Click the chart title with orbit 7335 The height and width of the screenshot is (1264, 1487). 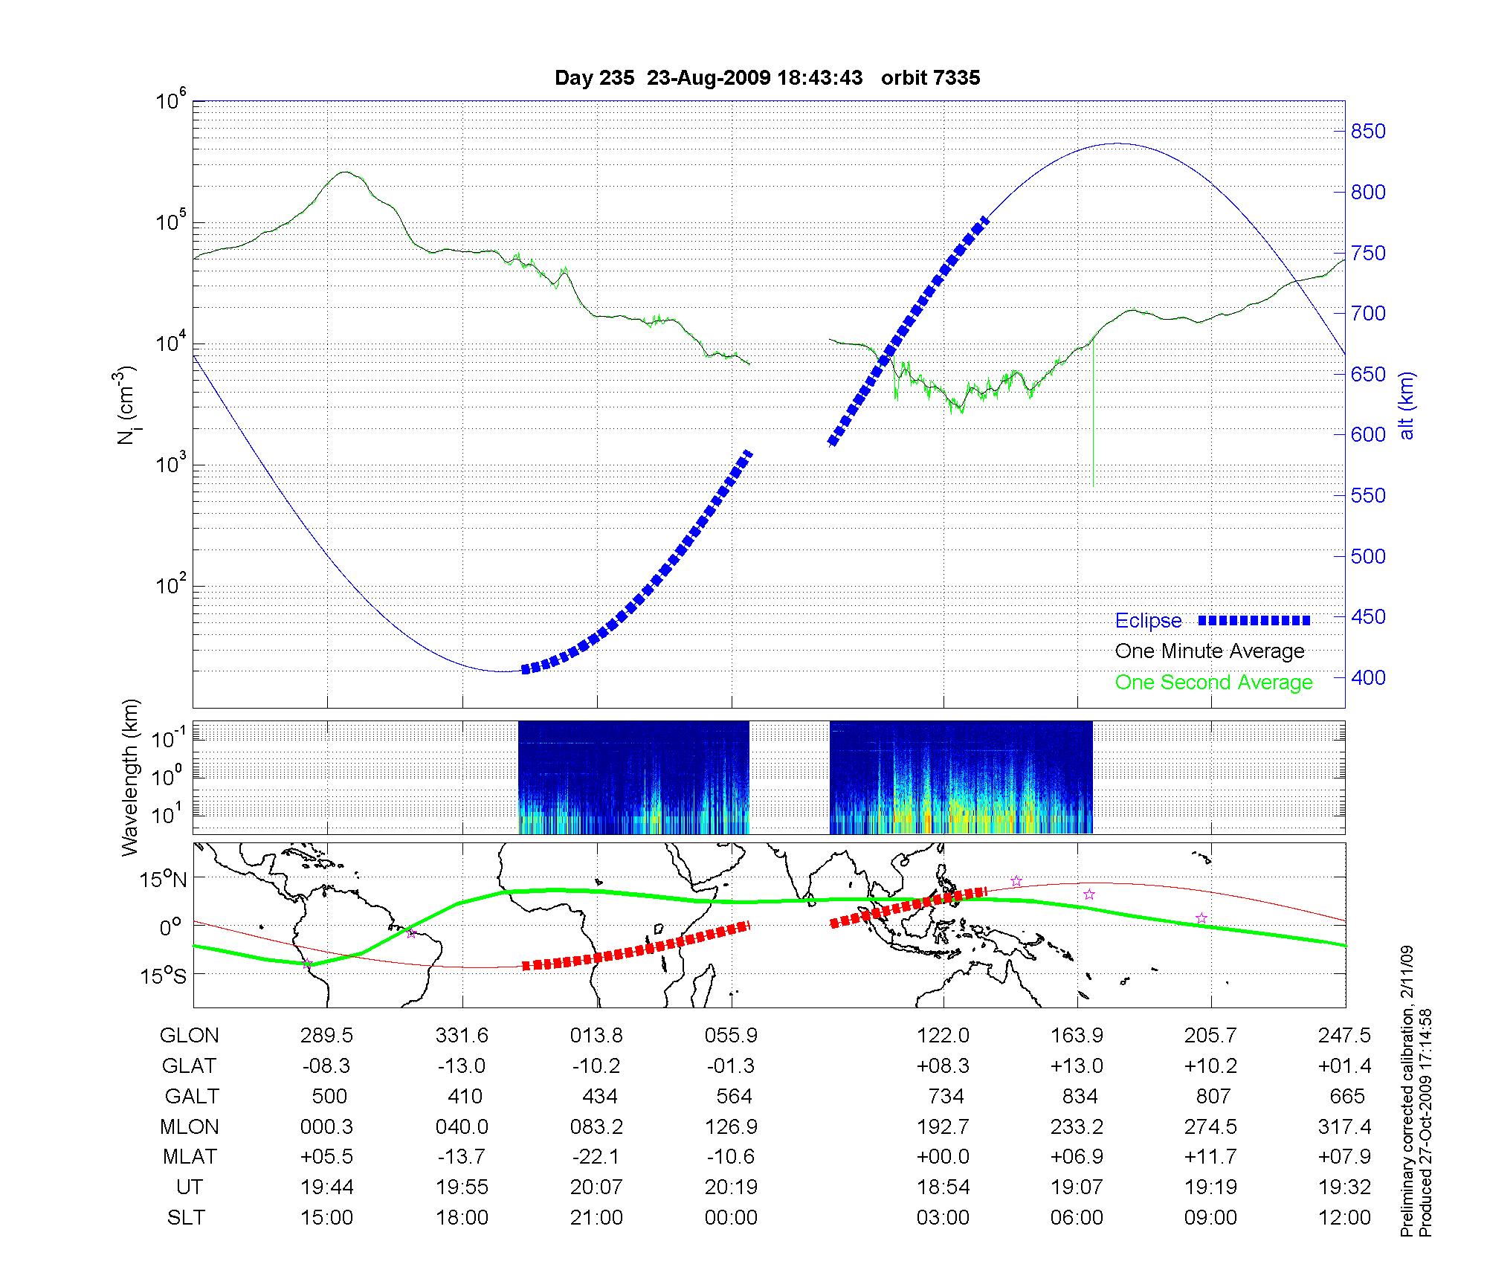click(767, 78)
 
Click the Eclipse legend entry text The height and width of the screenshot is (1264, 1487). click(1148, 621)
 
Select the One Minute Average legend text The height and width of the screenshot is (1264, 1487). click(1210, 651)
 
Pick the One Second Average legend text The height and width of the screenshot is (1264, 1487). click(1213, 683)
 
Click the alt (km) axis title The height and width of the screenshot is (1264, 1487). click(1407, 405)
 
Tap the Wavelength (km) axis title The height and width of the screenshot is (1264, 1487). click(130, 778)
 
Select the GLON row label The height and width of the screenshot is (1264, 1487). click(190, 1036)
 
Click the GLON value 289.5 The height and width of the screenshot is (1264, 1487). click(326, 1036)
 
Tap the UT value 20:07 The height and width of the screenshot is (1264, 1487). click(596, 1187)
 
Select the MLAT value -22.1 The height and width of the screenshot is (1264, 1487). click(596, 1157)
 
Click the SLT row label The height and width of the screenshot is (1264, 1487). click(186, 1218)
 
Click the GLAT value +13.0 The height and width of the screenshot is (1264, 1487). click(1077, 1066)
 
